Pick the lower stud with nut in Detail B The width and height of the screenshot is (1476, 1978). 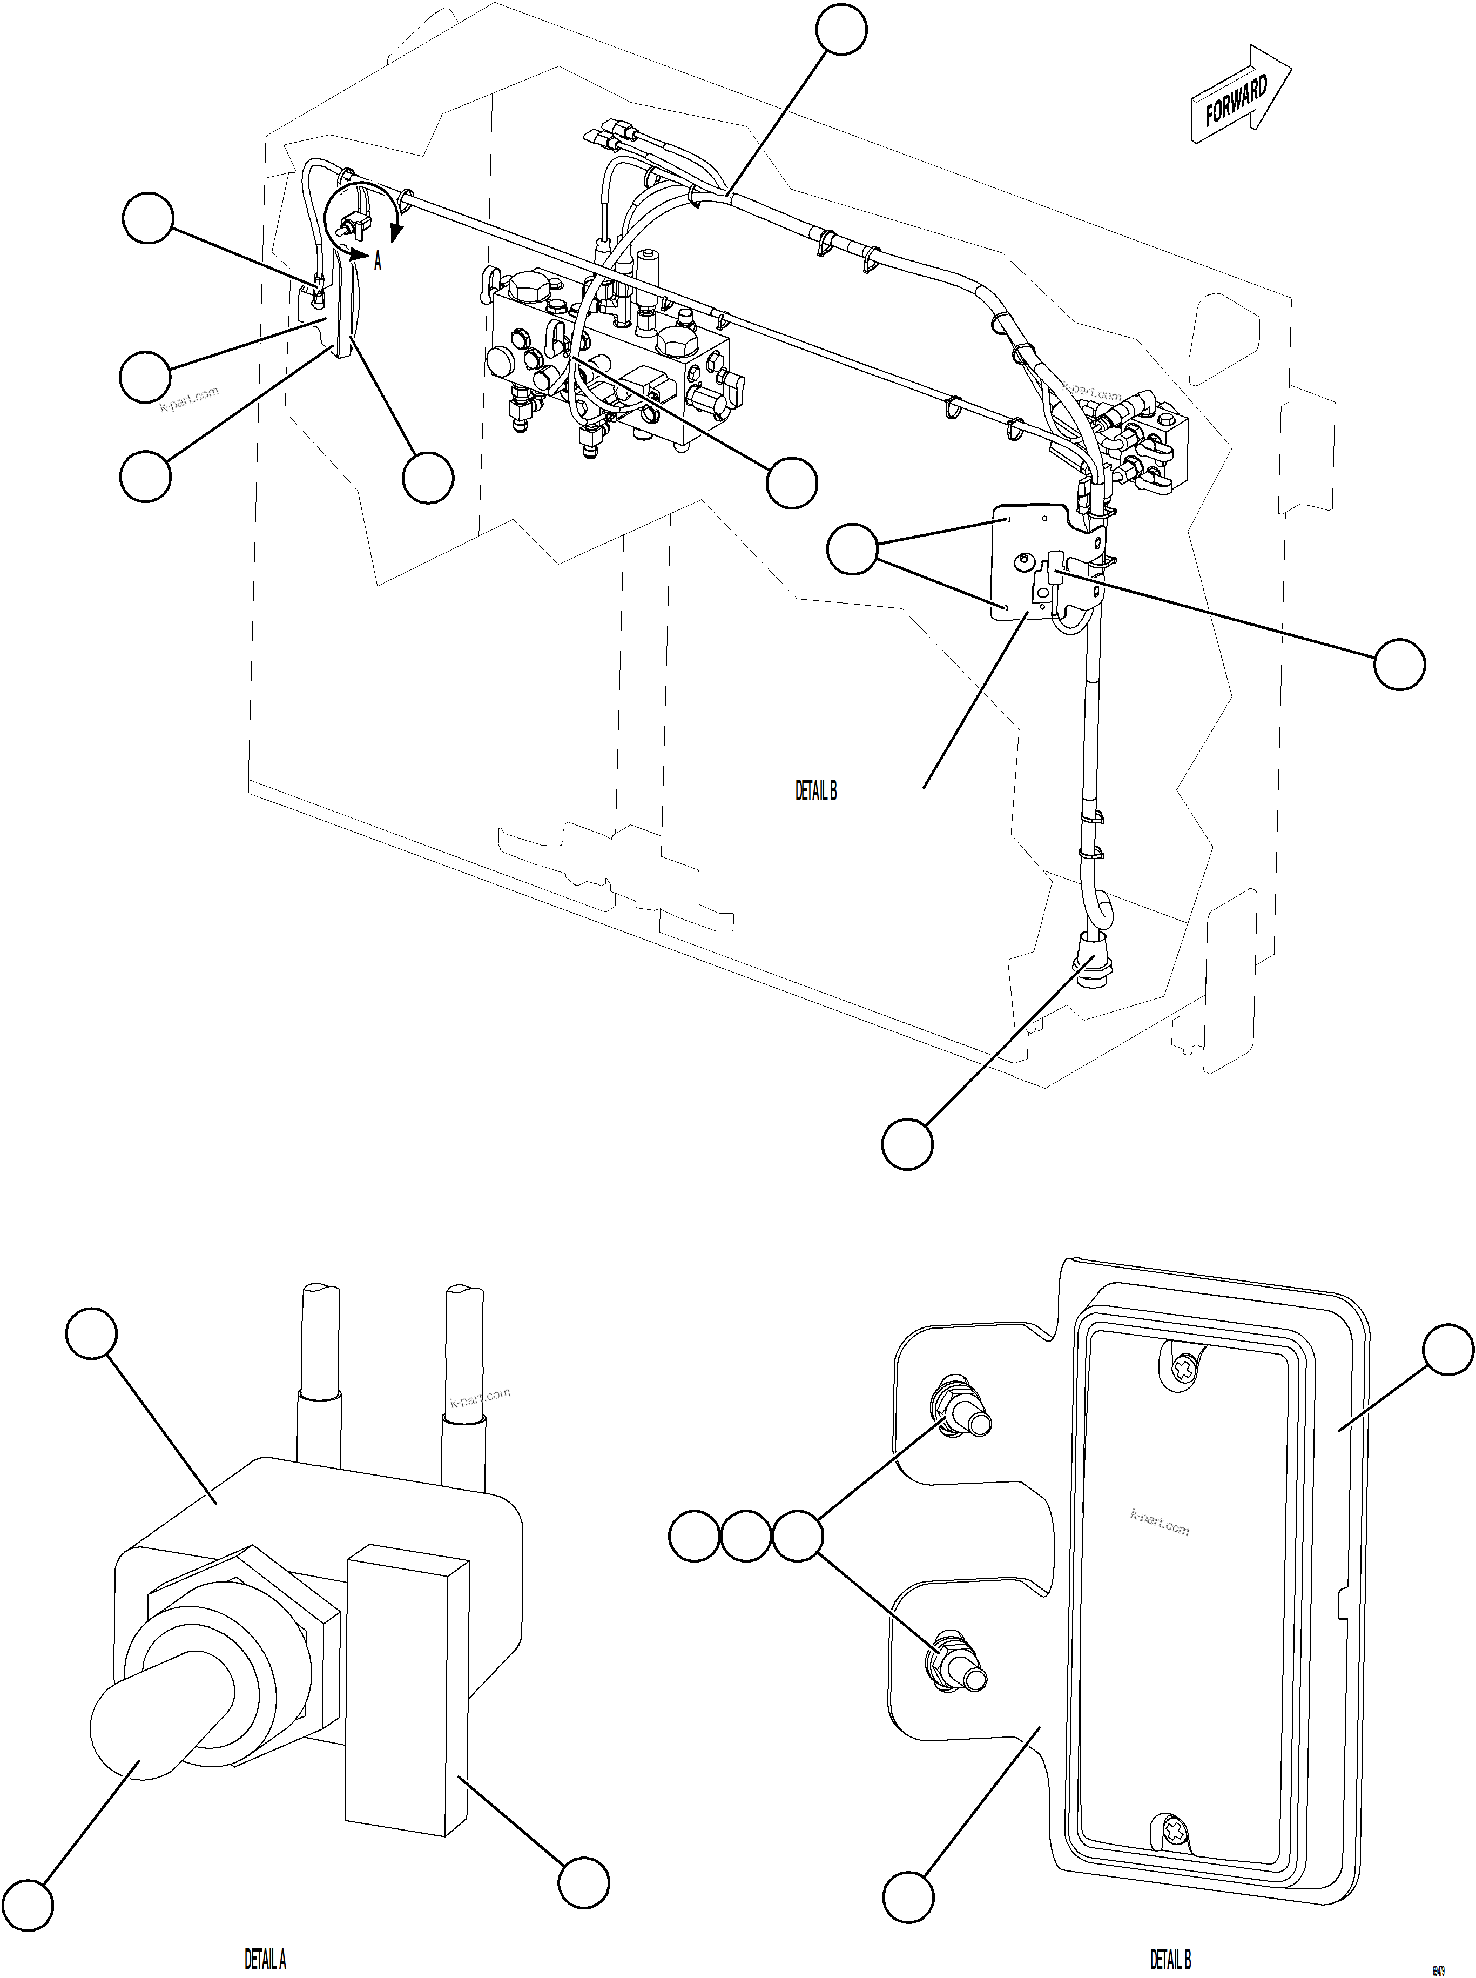[956, 1664]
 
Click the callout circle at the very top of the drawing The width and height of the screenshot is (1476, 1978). [841, 29]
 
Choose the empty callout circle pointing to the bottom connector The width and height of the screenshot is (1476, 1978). [907, 1143]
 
